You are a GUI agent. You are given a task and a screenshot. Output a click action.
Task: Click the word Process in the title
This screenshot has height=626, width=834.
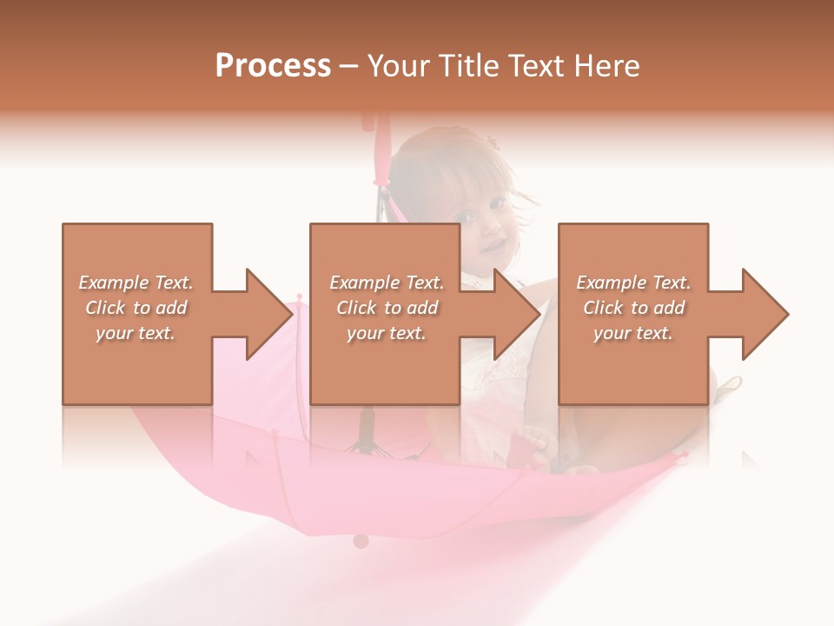(x=273, y=66)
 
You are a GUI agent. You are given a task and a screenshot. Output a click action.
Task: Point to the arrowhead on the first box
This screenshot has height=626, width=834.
(x=269, y=314)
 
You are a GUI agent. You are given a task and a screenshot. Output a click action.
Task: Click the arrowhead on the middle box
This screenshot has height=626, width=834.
(x=517, y=314)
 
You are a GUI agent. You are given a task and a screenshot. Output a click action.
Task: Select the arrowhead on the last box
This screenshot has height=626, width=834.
(x=765, y=314)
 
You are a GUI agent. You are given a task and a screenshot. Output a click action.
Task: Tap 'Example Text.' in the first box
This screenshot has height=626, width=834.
(x=136, y=283)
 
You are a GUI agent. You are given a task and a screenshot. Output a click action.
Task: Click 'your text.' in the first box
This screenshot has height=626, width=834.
(x=136, y=333)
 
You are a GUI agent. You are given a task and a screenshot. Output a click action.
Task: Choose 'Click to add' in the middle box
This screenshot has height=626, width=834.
(x=387, y=308)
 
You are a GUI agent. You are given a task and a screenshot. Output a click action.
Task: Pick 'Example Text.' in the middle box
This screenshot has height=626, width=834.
(x=387, y=283)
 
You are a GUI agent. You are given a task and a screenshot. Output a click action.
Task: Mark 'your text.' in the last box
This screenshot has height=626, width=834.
(x=633, y=333)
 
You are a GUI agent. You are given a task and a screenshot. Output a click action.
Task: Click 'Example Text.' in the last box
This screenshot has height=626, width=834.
(x=633, y=283)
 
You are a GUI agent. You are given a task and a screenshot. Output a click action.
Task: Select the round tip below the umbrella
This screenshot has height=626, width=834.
(x=361, y=541)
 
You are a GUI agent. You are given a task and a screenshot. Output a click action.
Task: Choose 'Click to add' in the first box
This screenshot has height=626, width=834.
(x=136, y=308)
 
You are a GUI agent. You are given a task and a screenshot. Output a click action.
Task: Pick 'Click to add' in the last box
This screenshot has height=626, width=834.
(x=633, y=308)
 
